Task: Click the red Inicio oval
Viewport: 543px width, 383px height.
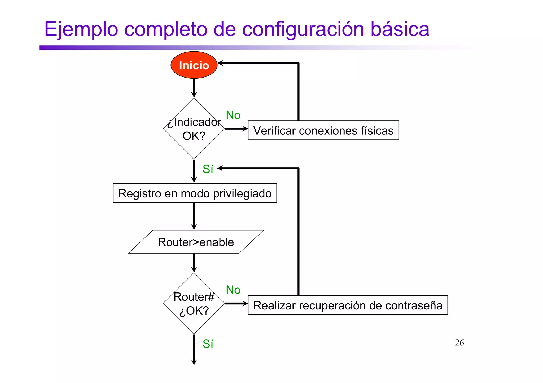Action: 194,65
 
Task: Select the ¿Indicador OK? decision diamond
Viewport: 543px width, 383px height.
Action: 194,129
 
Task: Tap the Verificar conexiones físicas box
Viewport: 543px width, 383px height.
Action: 323,130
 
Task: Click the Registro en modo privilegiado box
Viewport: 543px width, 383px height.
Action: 195,193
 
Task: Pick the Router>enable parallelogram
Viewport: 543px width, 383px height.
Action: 196,242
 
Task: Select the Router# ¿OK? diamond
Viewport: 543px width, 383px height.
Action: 194,304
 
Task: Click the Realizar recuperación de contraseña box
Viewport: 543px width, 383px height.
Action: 348,305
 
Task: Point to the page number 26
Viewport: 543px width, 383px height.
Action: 459,343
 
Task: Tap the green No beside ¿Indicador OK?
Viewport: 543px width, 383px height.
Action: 233,115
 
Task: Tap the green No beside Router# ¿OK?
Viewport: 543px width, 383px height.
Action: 233,290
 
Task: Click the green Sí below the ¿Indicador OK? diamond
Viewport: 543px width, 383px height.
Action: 208,169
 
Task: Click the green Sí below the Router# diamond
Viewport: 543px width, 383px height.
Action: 208,344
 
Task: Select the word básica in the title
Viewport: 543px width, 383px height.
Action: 400,29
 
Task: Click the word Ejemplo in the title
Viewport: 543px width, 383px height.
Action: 81,30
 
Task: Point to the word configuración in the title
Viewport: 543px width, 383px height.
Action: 303,30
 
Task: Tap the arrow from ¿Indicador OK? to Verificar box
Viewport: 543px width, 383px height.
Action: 236,129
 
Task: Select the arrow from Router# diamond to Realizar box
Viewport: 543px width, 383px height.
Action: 236,304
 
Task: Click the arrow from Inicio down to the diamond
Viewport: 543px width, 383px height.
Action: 194,88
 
